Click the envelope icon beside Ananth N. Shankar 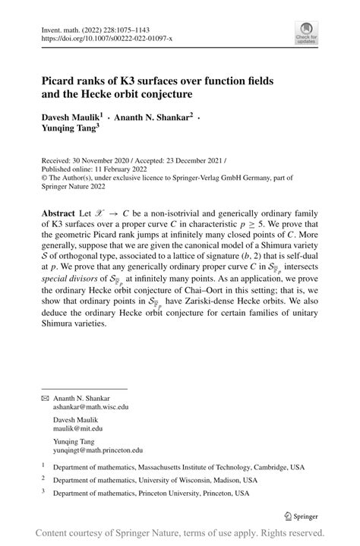coord(44,398)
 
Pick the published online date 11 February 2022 coord(114,170)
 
